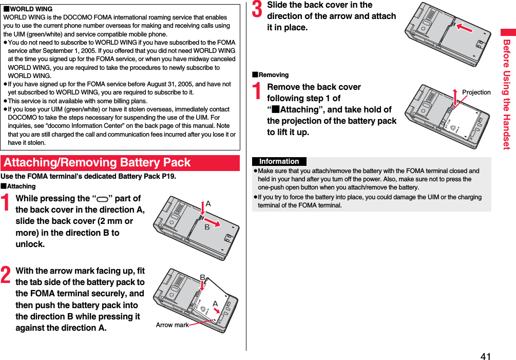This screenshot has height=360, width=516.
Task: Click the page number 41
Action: (x=486, y=356)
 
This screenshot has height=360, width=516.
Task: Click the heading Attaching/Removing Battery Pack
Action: (x=97, y=163)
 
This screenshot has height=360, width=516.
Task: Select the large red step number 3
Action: (x=257, y=9)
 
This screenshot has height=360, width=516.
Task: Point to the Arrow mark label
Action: (x=172, y=325)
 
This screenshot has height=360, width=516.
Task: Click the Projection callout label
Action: (x=476, y=92)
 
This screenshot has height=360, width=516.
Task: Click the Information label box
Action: (x=279, y=161)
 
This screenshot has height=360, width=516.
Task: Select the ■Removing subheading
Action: (x=270, y=75)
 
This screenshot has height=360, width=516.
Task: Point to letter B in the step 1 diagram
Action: (x=207, y=226)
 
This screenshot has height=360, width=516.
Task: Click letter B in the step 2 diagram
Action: (x=202, y=277)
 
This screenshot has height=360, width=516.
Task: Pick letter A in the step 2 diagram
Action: (x=215, y=304)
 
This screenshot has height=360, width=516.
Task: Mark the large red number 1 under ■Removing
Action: (x=257, y=91)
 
